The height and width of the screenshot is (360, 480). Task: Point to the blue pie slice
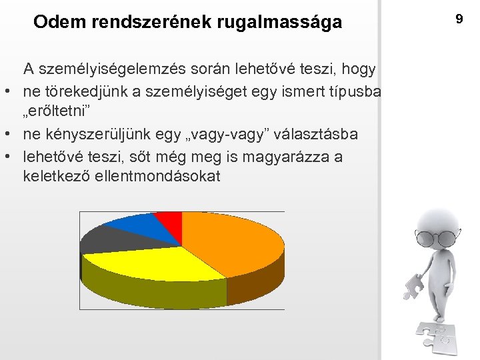coord(133,227)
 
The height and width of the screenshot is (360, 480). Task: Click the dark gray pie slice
coord(98,240)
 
